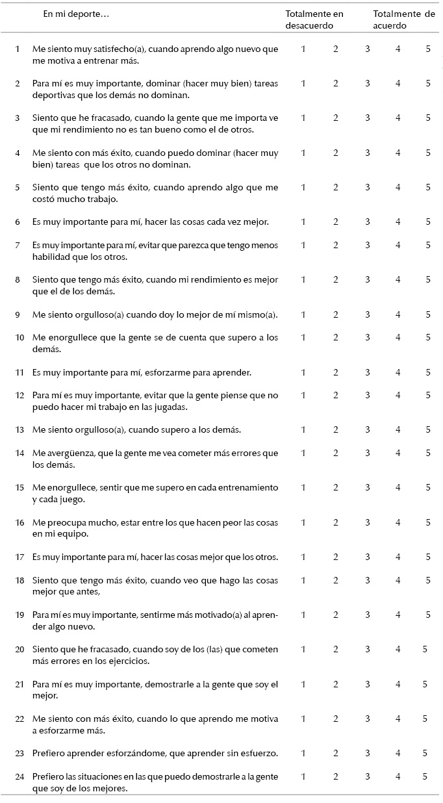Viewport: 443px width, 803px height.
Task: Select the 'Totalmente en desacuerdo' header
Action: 314,19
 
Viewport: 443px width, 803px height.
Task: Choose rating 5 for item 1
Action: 428,49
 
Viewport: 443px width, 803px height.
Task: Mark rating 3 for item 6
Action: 368,222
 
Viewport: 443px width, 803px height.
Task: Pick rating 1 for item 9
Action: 303,314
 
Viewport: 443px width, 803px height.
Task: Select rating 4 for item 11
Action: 398,372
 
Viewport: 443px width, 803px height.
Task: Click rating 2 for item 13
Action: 336,429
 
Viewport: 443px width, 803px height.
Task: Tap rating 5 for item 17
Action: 428,556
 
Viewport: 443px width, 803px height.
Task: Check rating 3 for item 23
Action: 368,753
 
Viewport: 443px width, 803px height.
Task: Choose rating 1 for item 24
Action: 303,776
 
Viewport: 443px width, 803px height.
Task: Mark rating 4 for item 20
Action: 398,648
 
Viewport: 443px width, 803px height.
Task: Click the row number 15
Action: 18,487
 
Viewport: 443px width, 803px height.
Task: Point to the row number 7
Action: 18,245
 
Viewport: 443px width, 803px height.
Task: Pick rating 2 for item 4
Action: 336,153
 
